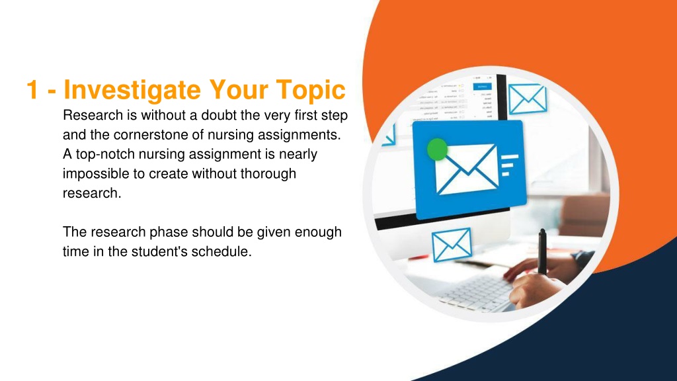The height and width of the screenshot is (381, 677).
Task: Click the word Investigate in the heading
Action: pos(132,90)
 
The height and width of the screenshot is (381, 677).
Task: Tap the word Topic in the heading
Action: pos(311,90)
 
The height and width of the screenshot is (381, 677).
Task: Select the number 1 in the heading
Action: pos(32,89)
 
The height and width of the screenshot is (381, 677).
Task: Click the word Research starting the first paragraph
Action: pos(93,115)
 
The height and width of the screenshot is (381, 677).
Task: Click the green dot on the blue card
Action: pos(437,149)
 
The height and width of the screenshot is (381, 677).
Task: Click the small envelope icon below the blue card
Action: pos(452,245)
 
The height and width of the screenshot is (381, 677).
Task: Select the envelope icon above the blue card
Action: pos(527,99)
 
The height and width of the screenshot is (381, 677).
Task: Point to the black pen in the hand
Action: pos(542,252)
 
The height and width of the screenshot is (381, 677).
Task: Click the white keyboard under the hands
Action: pos(477,293)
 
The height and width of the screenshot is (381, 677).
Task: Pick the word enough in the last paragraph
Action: pos(318,232)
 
